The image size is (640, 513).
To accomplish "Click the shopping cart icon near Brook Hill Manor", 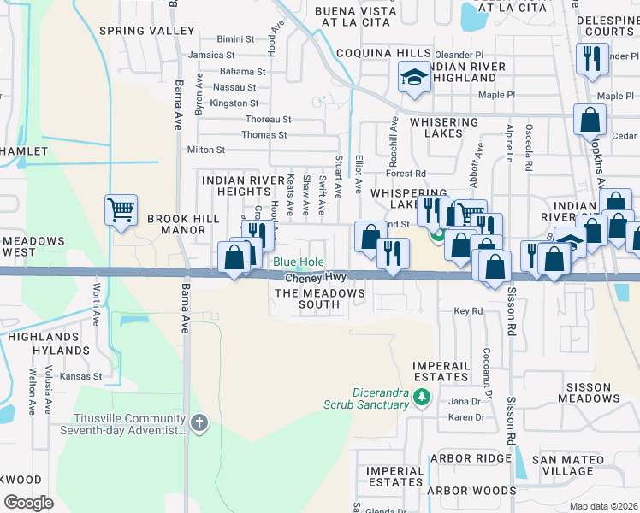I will coord(121,209).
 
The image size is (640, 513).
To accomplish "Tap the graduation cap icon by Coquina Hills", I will coord(414,78).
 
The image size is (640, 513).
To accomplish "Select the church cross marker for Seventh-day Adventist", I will coord(199,422).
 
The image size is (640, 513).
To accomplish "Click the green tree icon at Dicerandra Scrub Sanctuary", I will coord(420,398).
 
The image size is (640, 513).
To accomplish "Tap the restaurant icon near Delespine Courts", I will coord(590,59).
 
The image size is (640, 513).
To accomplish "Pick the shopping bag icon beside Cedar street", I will coord(590,120).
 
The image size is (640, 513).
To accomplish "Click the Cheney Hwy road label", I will coord(315,278).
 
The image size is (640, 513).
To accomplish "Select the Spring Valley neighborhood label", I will coord(147,31).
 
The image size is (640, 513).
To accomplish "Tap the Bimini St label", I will coord(235,39).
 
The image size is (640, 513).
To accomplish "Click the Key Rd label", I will coord(468,311).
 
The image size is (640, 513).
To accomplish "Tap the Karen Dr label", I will coord(467,417).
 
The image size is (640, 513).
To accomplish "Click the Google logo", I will coord(29,503).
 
